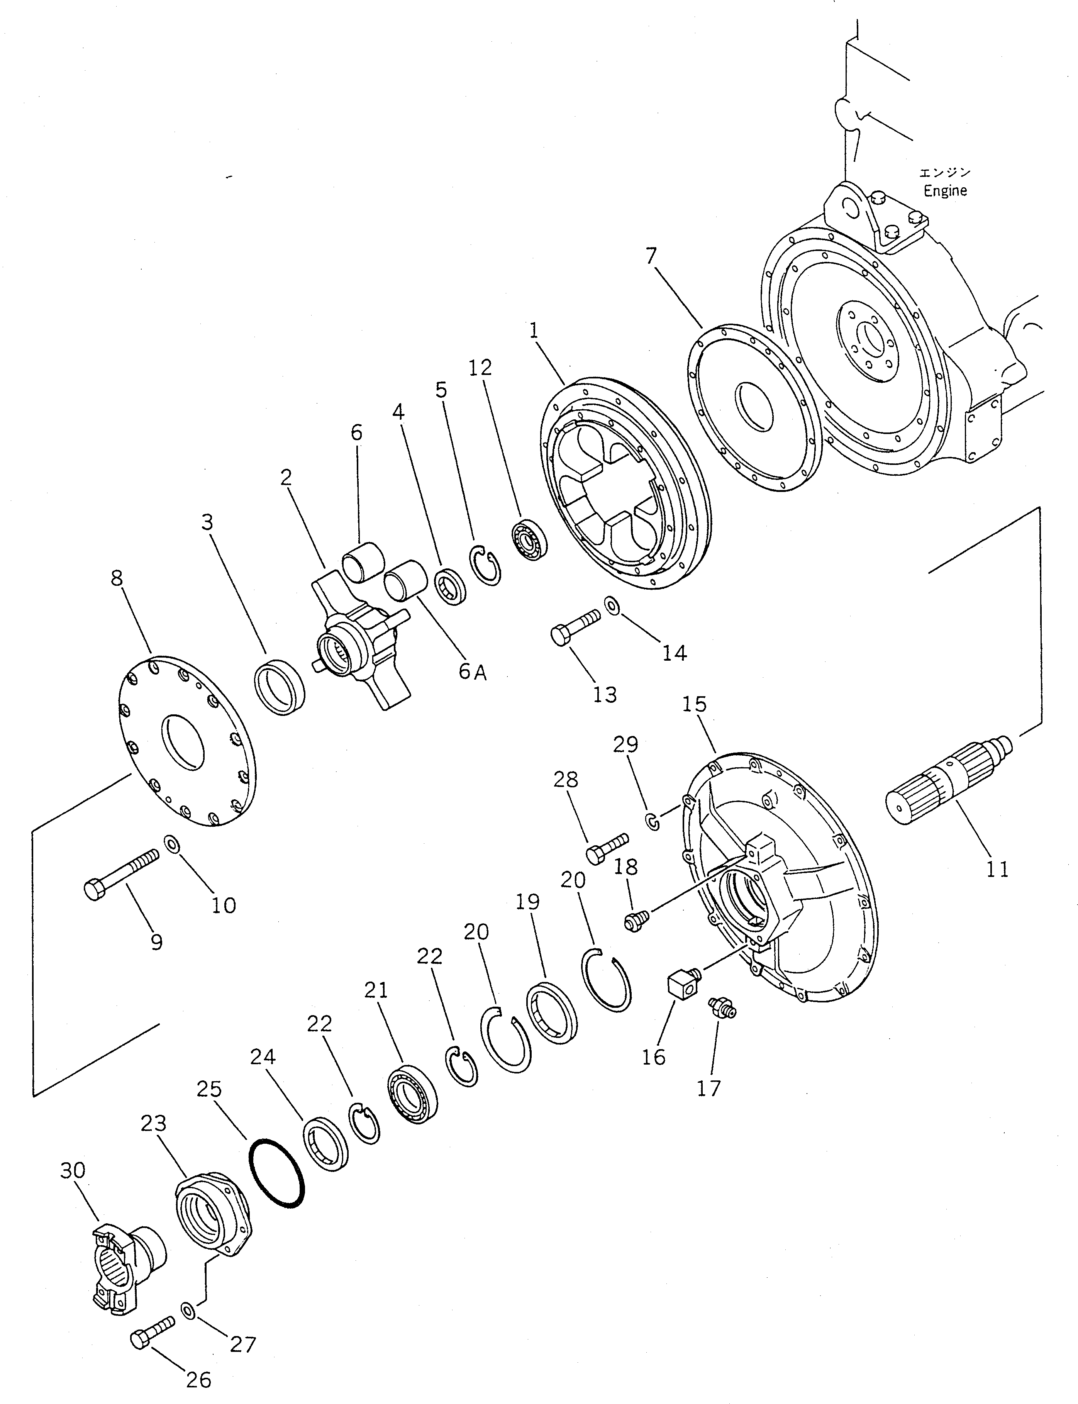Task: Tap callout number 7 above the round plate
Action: (651, 256)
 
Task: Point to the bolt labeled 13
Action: (575, 626)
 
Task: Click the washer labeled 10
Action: (172, 844)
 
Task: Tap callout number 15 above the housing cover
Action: (694, 704)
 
